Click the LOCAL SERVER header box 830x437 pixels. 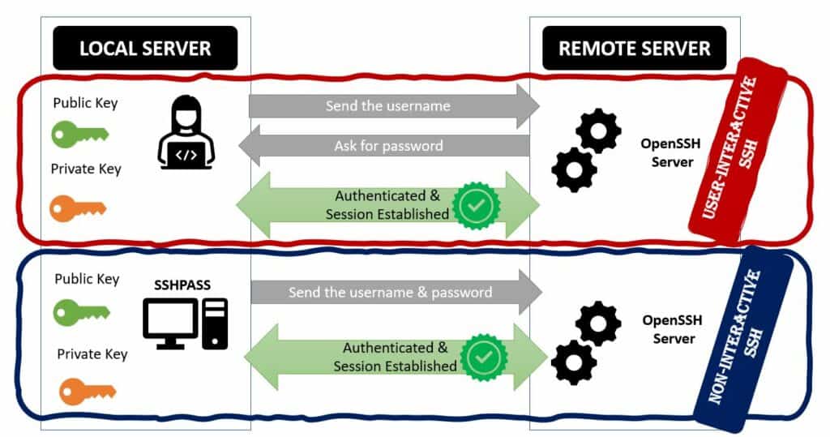point(145,48)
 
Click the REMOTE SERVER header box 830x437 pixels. point(634,48)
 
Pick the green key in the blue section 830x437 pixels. point(81,311)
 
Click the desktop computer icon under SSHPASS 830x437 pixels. point(185,323)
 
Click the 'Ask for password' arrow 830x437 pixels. point(389,146)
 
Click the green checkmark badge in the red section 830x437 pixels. point(477,206)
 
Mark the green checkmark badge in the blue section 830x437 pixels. point(483,357)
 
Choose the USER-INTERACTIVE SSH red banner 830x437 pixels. point(738,150)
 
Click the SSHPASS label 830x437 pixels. point(182,285)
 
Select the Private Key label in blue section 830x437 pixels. point(92,353)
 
